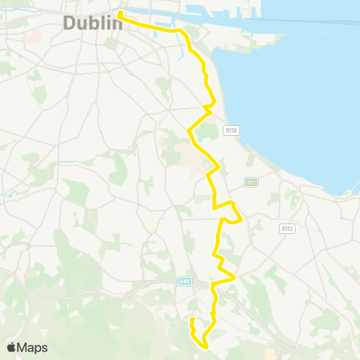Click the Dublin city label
coord(92,23)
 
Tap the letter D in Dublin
coord(70,23)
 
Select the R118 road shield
coord(231,130)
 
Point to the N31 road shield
coord(251,182)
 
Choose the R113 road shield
coord(286,228)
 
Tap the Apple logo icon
coord(11,347)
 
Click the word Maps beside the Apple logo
coord(33,347)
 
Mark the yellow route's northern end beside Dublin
coord(120,13)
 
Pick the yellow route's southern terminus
coord(192,320)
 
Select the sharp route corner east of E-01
coord(234,277)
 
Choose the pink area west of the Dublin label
coord(30,35)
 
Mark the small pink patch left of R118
coord(211,118)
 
